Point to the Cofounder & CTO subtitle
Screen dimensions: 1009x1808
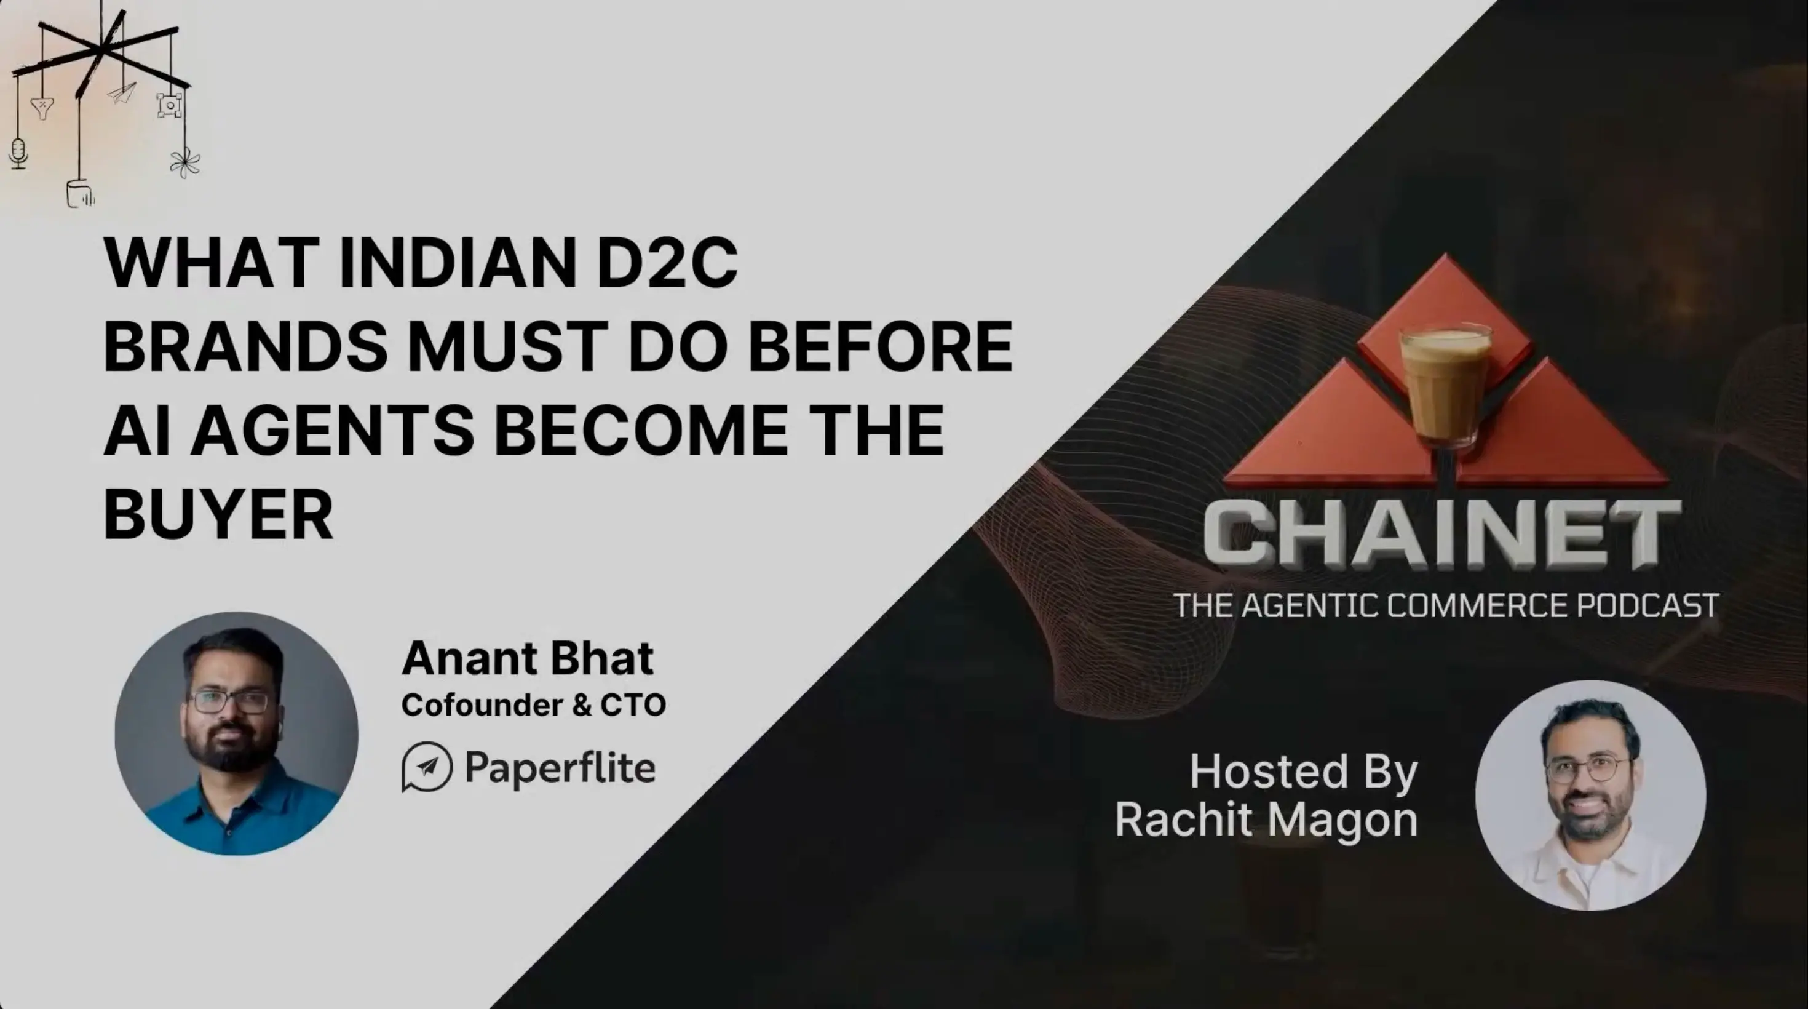tap(533, 705)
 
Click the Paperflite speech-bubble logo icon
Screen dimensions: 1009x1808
tap(427, 766)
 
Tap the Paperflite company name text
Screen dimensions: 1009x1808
tap(560, 767)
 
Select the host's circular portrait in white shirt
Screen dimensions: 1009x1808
tap(1590, 795)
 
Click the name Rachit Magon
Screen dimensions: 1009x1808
tap(1266, 819)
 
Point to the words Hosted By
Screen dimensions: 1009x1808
tap(1303, 771)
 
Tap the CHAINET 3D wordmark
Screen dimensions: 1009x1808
tap(1441, 536)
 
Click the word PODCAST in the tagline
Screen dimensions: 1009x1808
tap(1647, 605)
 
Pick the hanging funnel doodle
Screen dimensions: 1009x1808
tap(42, 108)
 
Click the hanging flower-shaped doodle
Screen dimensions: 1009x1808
tap(184, 163)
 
